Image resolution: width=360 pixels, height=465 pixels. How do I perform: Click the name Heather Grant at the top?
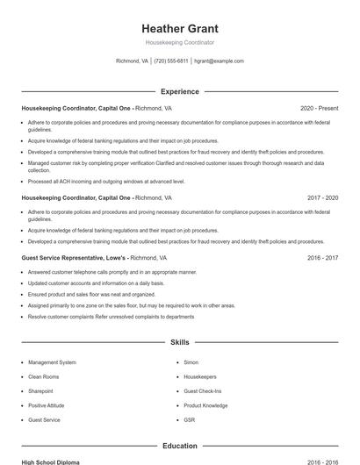179,28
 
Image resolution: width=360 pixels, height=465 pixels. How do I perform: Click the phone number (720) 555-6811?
171,61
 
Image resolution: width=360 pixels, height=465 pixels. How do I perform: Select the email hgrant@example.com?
219,61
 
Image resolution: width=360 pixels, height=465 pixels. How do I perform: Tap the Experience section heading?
179,91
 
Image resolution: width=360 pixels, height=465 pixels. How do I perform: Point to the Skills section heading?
179,342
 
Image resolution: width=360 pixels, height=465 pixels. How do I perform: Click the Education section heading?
179,446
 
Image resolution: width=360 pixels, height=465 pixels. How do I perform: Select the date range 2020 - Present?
319,108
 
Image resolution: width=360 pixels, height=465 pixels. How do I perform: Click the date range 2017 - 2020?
322,198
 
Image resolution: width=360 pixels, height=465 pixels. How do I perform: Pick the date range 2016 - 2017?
322,258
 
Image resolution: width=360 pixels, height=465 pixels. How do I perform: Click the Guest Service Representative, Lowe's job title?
75,258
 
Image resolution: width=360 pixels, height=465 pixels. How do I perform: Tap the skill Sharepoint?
40,391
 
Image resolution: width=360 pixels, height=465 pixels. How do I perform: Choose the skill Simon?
191,362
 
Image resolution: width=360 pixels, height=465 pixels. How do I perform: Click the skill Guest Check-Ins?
202,391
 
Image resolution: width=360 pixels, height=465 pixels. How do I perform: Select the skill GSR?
190,420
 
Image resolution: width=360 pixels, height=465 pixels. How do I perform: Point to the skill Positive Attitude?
47,405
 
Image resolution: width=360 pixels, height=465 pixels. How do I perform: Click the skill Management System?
52,362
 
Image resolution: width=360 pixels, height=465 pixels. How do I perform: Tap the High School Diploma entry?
50,461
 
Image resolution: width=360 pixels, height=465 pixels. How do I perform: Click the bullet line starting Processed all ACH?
106,182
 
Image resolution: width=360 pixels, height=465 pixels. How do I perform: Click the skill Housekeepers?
200,376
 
